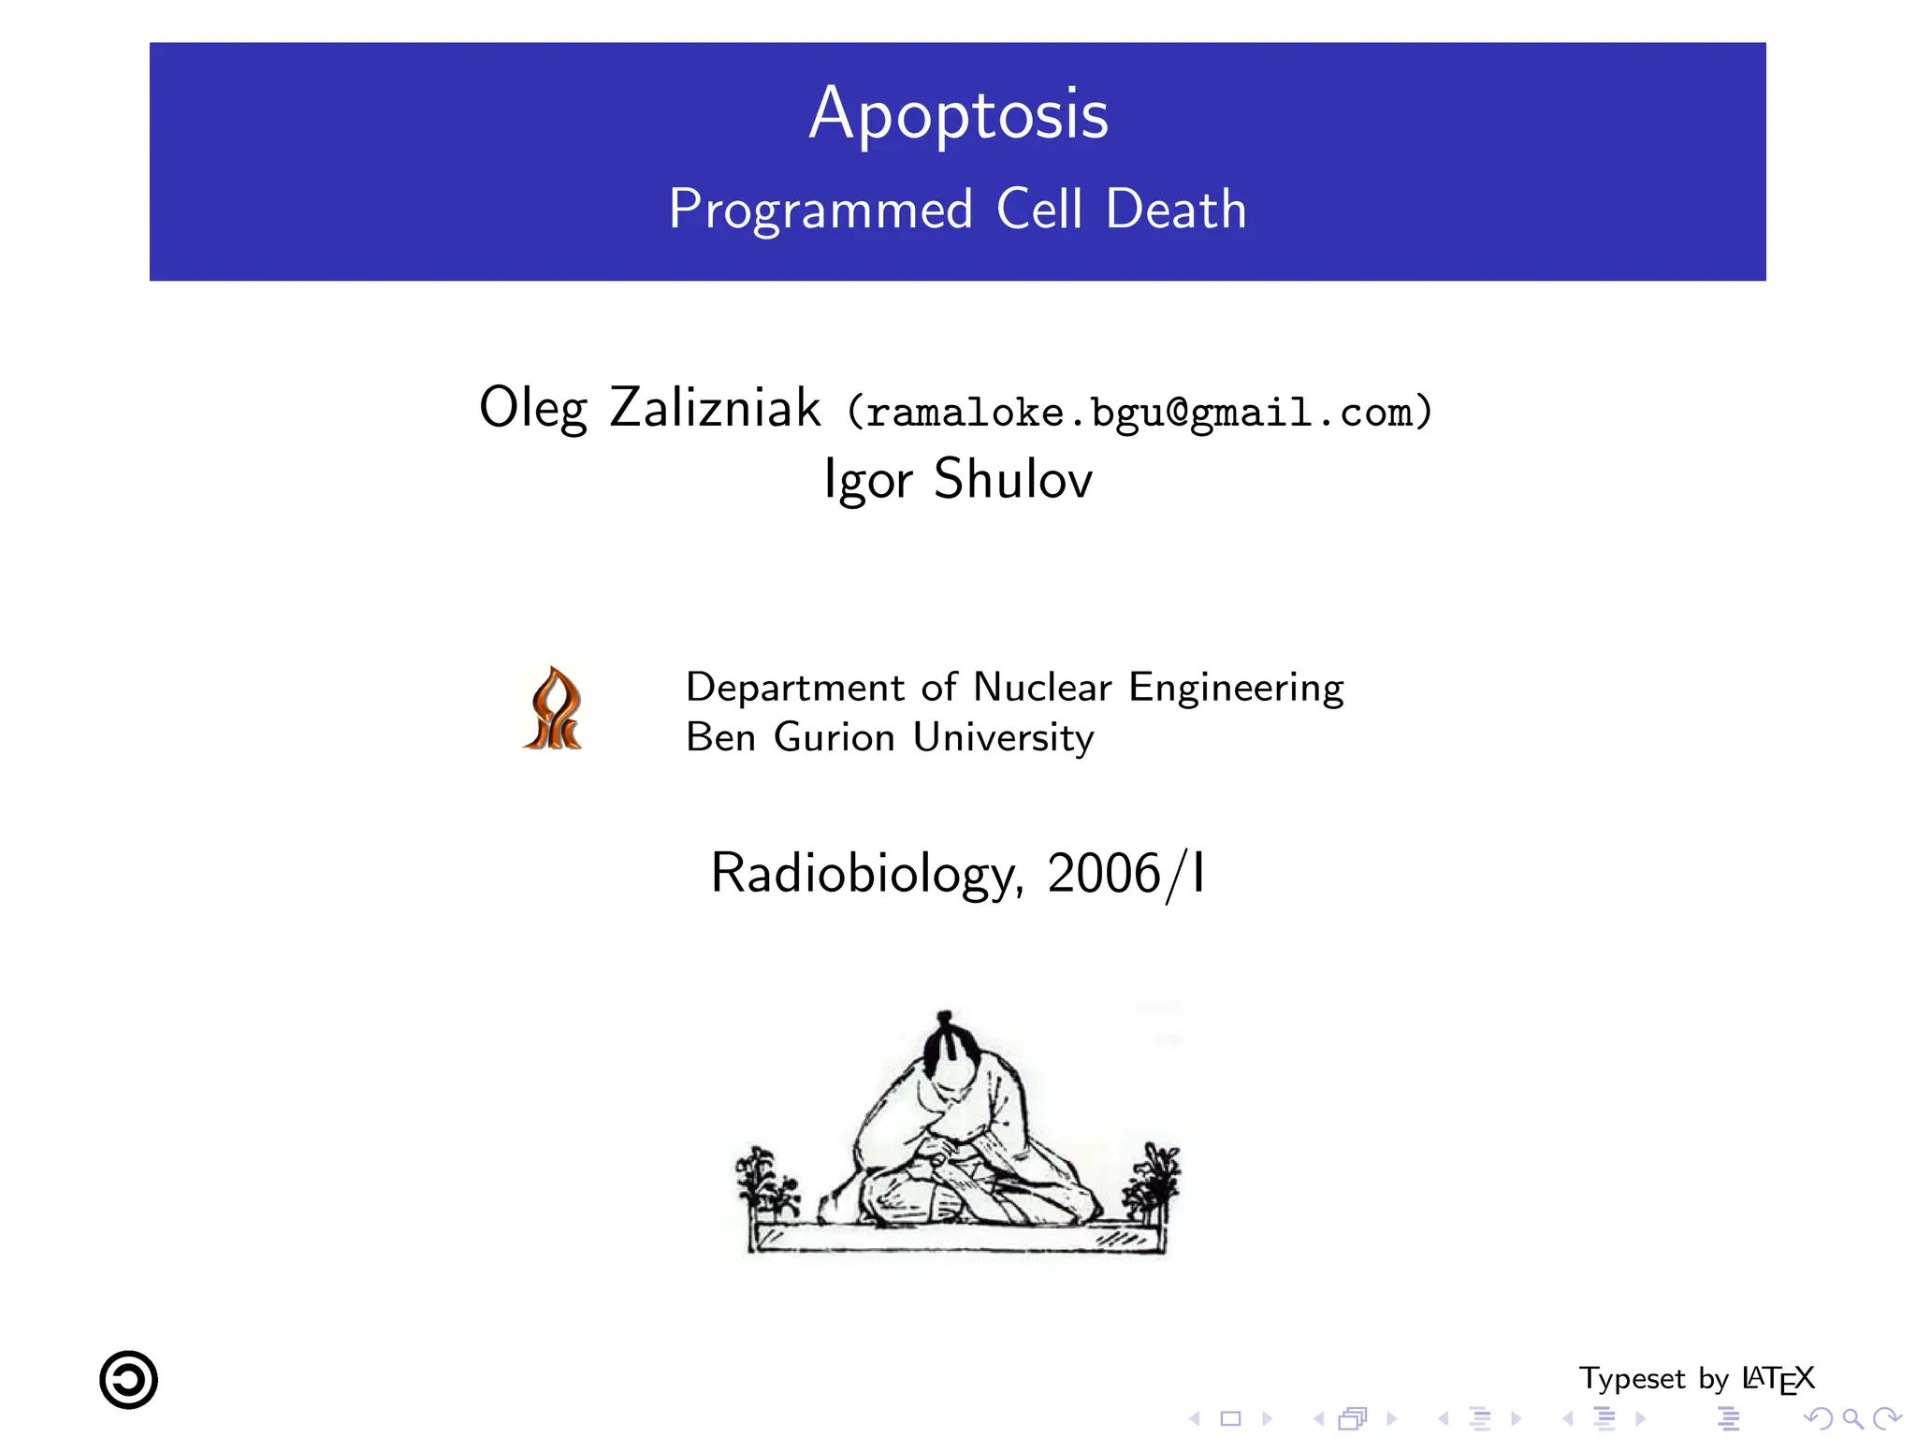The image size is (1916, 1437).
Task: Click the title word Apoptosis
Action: [x=958, y=115]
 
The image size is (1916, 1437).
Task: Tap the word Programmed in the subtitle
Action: [x=820, y=210]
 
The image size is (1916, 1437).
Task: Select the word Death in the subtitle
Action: [x=1176, y=210]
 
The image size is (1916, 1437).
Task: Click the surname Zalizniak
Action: [x=715, y=408]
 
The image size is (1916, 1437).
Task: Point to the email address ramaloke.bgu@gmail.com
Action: [x=1139, y=413]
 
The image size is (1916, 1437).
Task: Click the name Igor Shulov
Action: [x=958, y=479]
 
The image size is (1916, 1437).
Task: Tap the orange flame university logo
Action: [x=553, y=709]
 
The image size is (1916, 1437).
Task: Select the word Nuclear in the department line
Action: [x=1042, y=688]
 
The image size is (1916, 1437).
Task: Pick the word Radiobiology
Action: [x=862, y=874]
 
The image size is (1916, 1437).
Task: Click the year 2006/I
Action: [x=1126, y=874]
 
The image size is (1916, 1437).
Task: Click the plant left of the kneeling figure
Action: [x=765, y=1184]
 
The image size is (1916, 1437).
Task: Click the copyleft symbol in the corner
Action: [x=129, y=1380]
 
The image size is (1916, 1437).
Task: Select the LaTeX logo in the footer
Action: [x=1778, y=1380]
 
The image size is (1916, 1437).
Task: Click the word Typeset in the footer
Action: [x=1632, y=1380]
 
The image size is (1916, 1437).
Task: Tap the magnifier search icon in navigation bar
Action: [x=1851, y=1418]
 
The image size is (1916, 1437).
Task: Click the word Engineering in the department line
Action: [x=1236, y=688]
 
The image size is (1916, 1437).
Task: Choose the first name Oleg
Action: [x=532, y=408]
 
